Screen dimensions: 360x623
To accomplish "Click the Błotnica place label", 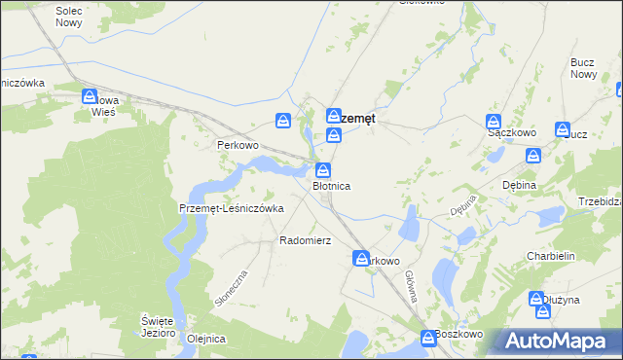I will pos(331,185).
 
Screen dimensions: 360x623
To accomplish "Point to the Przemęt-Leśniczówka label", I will pos(231,208).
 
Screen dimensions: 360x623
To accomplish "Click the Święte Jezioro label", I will pos(157,326).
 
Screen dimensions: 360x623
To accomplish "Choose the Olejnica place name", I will pos(205,339).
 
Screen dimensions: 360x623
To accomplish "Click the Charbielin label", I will pos(553,257).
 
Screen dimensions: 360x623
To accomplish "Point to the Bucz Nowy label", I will pos(583,68).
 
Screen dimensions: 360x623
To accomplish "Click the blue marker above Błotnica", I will pos(322,169).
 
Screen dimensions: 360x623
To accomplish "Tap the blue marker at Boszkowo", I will pos(428,337).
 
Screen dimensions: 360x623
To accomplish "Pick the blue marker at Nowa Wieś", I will pos(90,97).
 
